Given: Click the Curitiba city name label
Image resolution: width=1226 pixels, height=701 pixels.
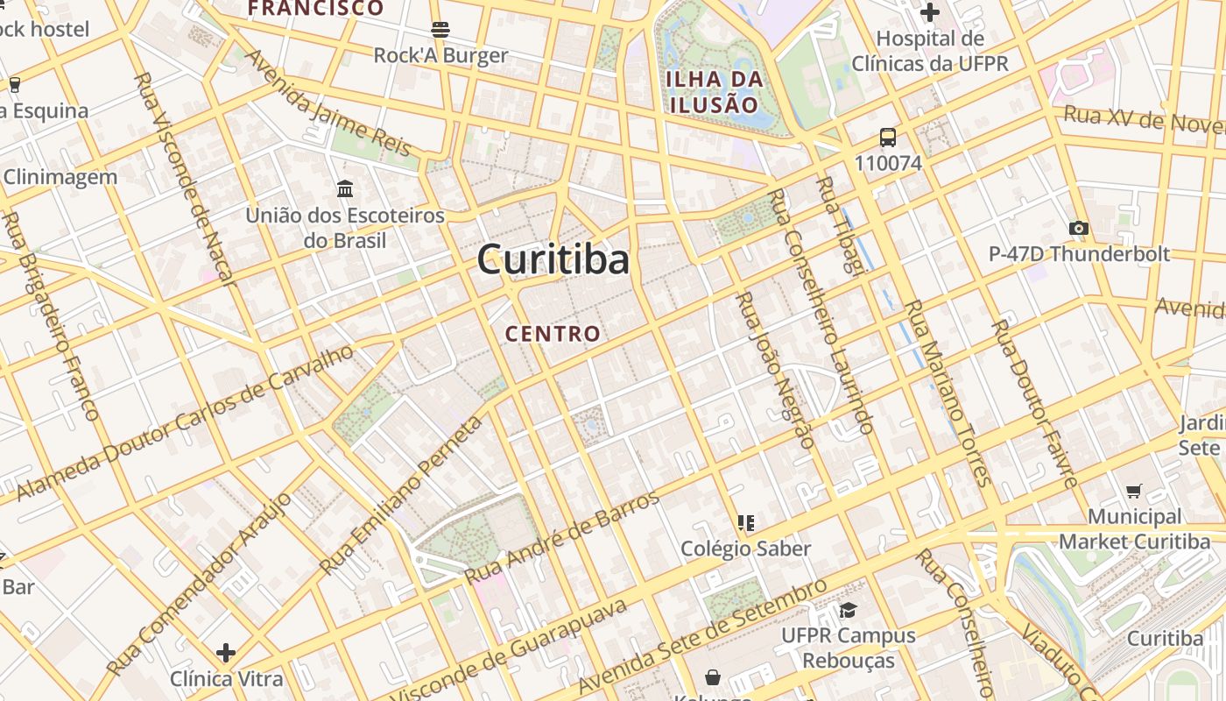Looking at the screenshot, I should tap(553, 260).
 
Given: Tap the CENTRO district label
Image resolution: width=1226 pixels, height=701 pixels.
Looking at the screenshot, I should tap(553, 334).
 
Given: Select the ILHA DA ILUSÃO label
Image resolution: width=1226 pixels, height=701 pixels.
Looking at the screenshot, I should tap(714, 92).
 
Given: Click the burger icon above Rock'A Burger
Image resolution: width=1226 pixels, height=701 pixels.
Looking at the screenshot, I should tap(440, 29).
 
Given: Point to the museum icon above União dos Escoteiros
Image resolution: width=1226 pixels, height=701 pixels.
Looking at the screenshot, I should tap(345, 188).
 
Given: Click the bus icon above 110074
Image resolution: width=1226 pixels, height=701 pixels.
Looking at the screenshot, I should tap(888, 138).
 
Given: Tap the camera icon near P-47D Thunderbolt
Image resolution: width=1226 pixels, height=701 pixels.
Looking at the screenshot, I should tap(1079, 229).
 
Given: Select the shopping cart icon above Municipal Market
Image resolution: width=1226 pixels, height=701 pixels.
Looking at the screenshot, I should tap(1134, 491).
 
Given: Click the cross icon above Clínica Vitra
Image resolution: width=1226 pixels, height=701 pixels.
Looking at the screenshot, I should tap(226, 653).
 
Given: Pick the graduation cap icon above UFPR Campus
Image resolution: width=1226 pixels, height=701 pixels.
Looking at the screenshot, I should tap(847, 610).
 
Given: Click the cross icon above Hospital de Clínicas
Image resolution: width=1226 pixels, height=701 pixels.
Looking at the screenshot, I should tap(930, 12).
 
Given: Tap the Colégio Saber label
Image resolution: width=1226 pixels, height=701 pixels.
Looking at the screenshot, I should tap(746, 549).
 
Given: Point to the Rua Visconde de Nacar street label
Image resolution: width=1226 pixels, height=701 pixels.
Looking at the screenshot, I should tap(185, 179).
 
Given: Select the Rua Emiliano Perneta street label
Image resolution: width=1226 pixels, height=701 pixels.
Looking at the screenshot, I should tap(402, 496).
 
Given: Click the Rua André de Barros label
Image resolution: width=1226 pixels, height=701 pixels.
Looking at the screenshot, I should tap(561, 538).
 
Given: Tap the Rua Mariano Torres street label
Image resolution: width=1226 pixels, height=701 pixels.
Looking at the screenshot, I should tap(948, 393).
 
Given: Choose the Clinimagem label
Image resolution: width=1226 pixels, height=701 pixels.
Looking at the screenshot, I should tap(60, 177).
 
